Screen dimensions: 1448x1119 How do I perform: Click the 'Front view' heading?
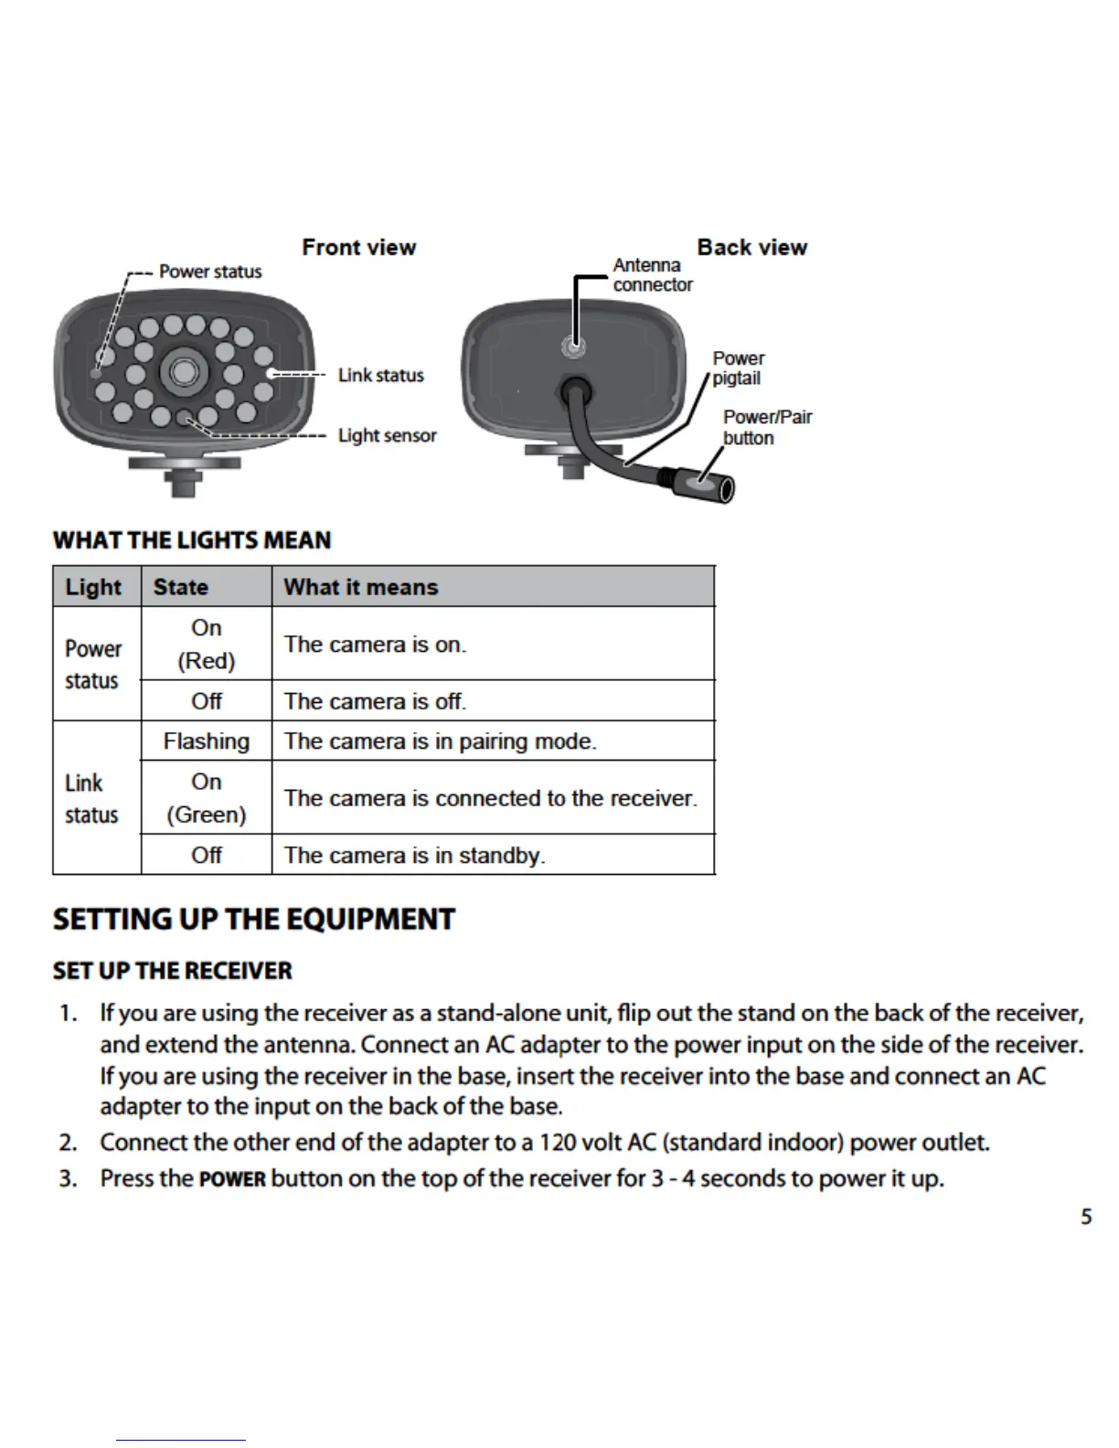pyautogui.click(x=358, y=248)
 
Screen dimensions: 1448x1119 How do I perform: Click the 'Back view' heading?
pyautogui.click(x=751, y=248)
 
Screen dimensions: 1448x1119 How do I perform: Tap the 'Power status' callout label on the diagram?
pyautogui.click(x=209, y=271)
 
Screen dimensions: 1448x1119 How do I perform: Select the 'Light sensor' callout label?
pyautogui.click(x=387, y=435)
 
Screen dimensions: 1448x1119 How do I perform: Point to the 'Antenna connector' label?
pyautogui.click(x=651, y=275)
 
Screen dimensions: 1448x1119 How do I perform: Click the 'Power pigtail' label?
pyautogui.click(x=738, y=368)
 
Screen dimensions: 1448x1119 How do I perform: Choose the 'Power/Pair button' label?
pyautogui.click(x=766, y=427)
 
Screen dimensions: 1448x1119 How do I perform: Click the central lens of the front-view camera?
pyautogui.click(x=182, y=371)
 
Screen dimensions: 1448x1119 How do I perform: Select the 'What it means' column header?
pyautogui.click(x=360, y=587)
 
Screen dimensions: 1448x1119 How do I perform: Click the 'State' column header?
pyautogui.click(x=180, y=587)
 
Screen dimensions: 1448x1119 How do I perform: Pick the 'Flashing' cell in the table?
pyautogui.click(x=206, y=741)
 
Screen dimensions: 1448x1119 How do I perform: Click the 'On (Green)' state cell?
pyautogui.click(x=206, y=798)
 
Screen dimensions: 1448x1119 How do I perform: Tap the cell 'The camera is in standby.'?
pyautogui.click(x=414, y=856)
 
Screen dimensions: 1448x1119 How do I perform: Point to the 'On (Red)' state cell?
pyautogui.click(x=206, y=644)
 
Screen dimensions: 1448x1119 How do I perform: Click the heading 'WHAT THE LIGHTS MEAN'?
pyautogui.click(x=192, y=540)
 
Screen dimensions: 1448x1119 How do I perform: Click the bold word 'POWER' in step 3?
pyautogui.click(x=232, y=1179)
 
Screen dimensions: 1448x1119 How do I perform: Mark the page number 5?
pyautogui.click(x=1086, y=1217)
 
